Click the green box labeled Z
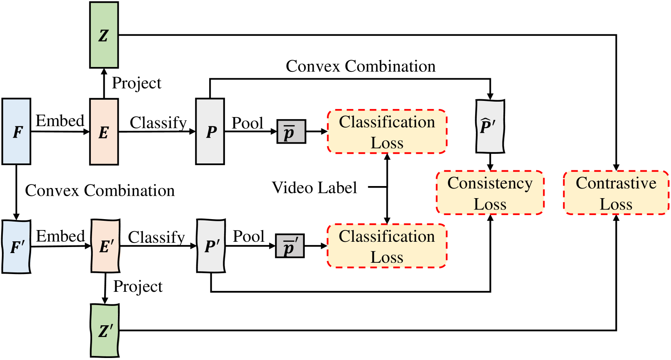click(x=104, y=35)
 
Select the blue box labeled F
click(x=17, y=132)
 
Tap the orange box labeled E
click(x=104, y=132)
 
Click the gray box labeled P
click(x=210, y=132)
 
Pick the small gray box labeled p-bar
click(x=291, y=132)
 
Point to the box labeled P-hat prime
click(x=490, y=127)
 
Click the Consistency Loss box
click(x=490, y=193)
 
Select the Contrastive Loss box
click(x=616, y=193)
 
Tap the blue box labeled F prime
click(x=17, y=247)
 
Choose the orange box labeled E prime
click(x=105, y=246)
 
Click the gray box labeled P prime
click(x=211, y=246)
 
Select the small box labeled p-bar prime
click(x=290, y=246)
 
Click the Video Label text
click(x=315, y=188)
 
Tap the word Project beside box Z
click(x=136, y=83)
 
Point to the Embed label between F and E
click(x=60, y=121)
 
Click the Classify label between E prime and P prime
click(x=157, y=237)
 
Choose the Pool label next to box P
click(x=247, y=123)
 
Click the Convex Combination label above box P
click(x=361, y=66)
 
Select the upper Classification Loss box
click(x=387, y=132)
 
